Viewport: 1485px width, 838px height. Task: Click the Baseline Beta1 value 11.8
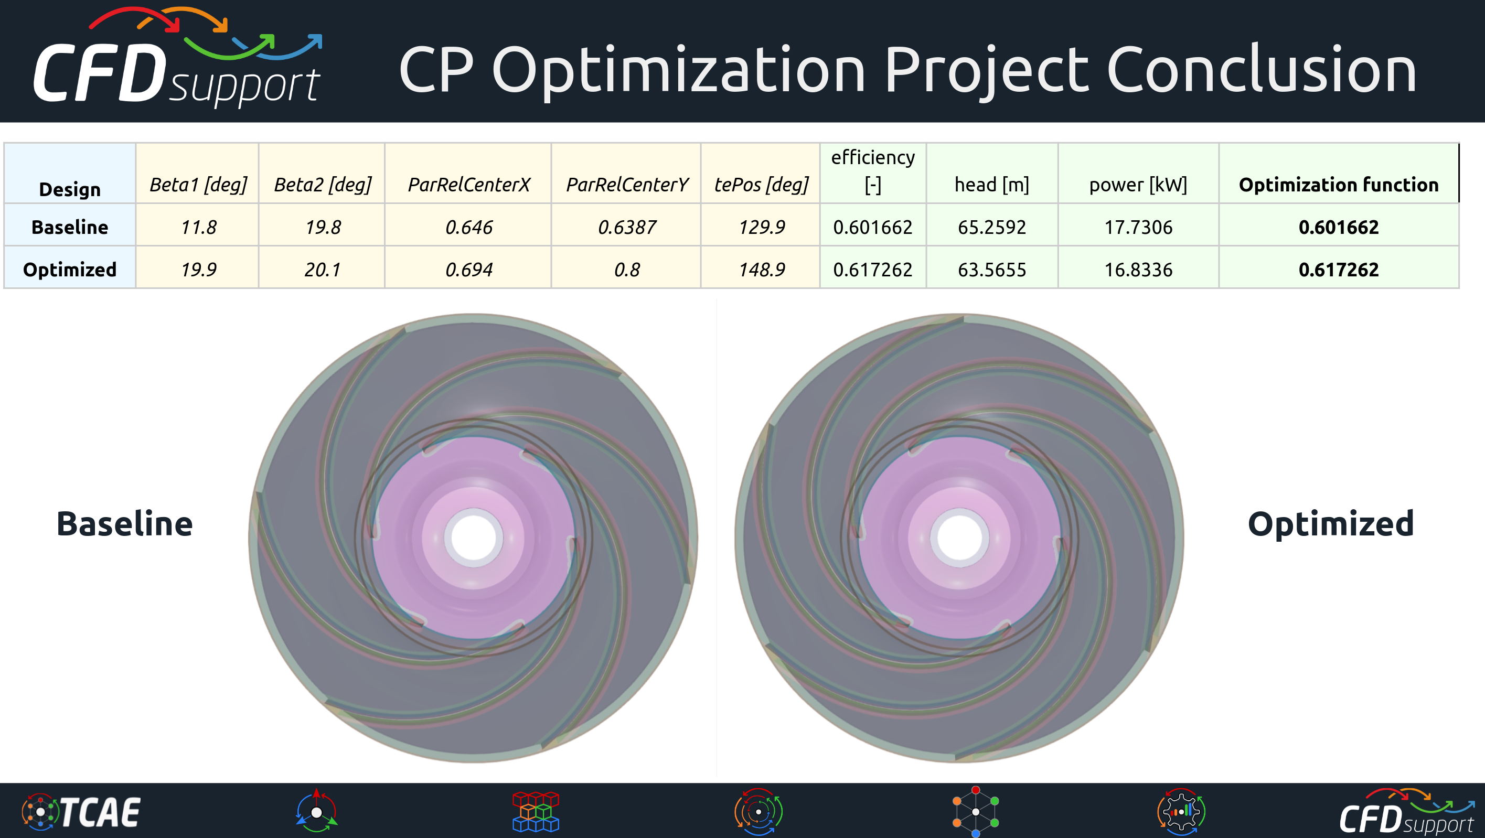[198, 227]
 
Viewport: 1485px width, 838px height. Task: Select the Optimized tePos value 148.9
[762, 270]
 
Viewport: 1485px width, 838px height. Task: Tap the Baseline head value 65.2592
[991, 227]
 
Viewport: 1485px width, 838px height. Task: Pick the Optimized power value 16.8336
[1138, 270]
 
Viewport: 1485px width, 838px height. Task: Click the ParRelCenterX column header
[468, 185]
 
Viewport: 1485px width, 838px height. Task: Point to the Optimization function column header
[1338, 185]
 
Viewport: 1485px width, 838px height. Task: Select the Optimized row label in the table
[70, 270]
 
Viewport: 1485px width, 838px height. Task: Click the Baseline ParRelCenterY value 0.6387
[627, 227]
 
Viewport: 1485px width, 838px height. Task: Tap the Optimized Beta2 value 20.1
[322, 270]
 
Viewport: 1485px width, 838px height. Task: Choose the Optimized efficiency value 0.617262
[872, 270]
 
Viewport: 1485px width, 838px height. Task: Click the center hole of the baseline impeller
[473, 537]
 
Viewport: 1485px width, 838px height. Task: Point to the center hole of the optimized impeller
[960, 537]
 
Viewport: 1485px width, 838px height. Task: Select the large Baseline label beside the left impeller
[124, 524]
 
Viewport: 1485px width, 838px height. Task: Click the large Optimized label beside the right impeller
[1330, 524]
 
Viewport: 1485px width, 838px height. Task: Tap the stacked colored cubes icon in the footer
[536, 811]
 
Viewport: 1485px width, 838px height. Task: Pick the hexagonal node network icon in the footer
[975, 811]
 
